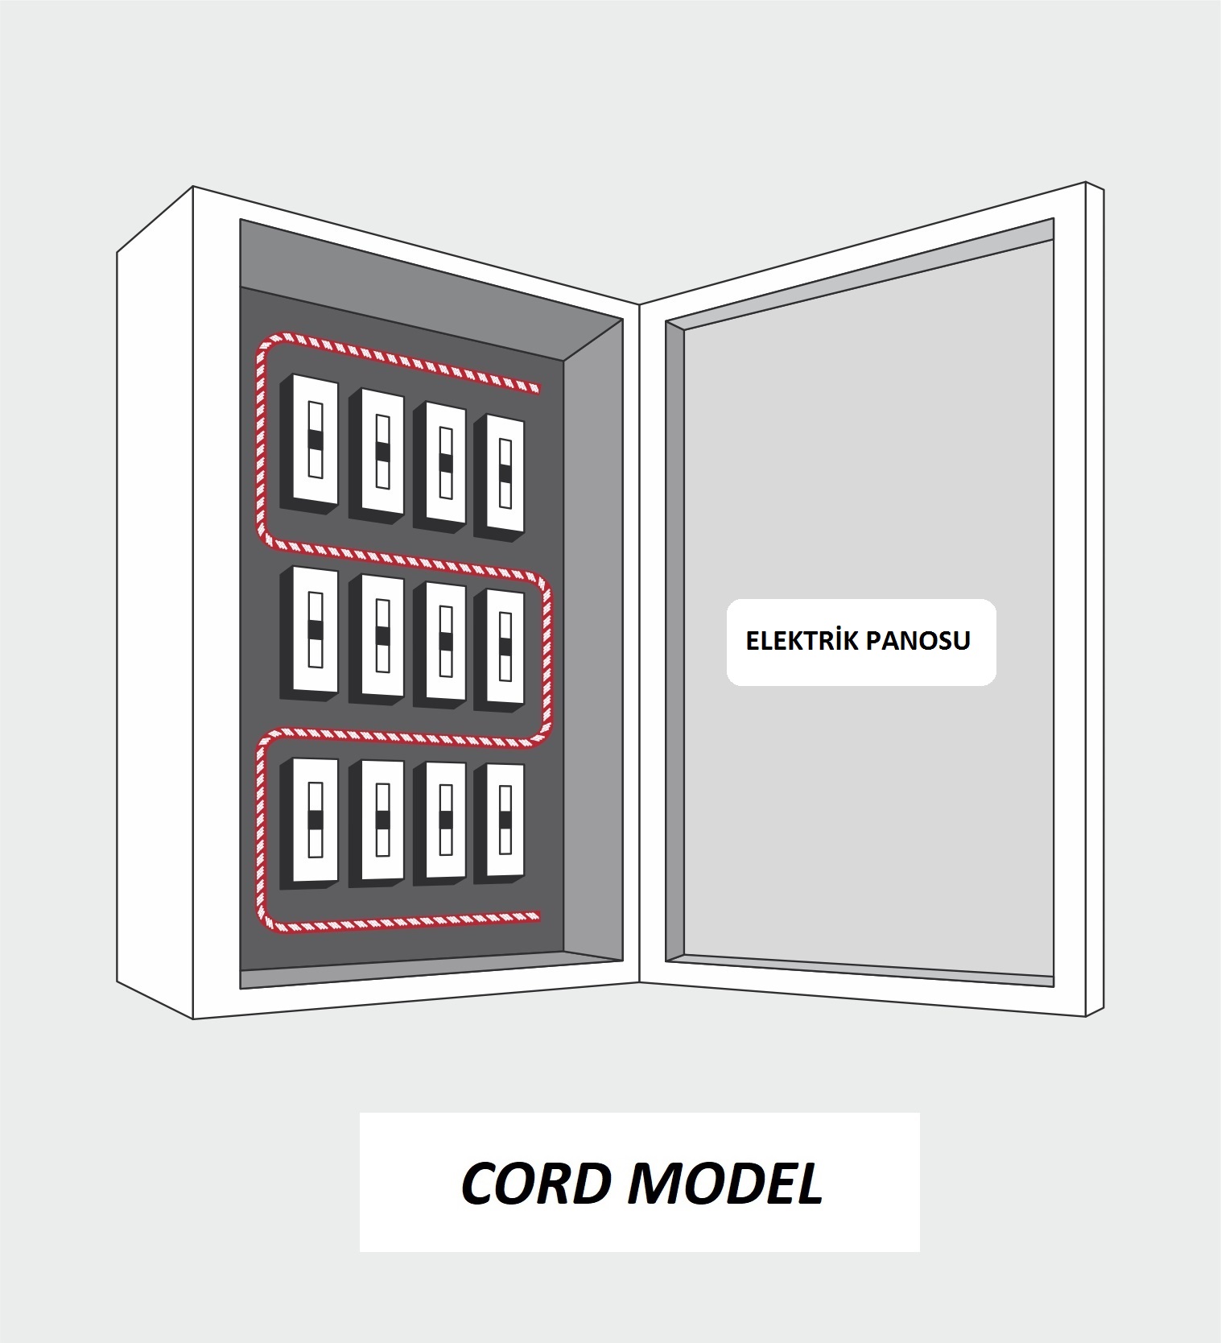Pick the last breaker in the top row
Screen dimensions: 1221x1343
pyautogui.click(x=500, y=477)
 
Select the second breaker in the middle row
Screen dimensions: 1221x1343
pyautogui.click(x=376, y=638)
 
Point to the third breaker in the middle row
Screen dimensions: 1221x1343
pyautogui.click(x=439, y=644)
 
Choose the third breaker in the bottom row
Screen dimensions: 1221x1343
pyautogui.click(x=439, y=824)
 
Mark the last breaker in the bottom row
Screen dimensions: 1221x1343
pyautogui.click(x=500, y=824)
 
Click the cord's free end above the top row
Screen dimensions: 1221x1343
pyautogui.click(x=538, y=388)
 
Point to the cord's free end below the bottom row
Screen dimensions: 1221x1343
pyautogui.click(x=537, y=915)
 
